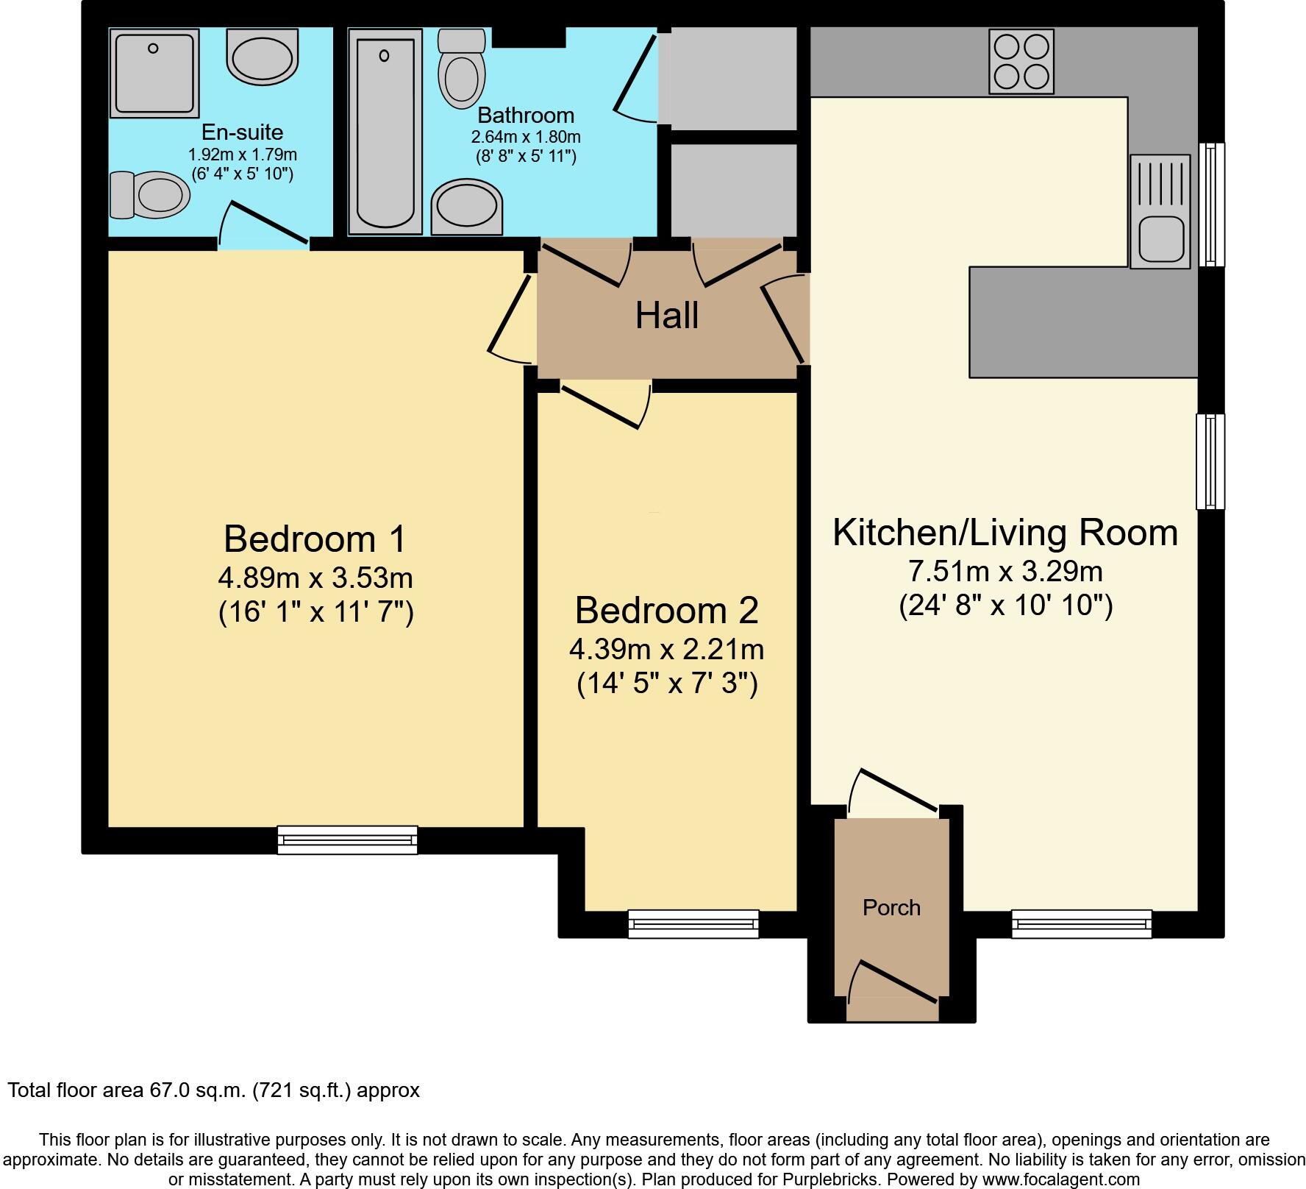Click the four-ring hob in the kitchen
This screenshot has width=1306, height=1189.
point(1021,62)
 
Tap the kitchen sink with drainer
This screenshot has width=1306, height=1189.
point(1160,211)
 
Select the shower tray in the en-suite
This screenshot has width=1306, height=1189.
point(154,73)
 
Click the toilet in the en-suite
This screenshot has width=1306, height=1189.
point(149,196)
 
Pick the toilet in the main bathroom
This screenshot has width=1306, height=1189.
point(461,68)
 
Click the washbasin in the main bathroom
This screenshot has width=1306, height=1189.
point(467,207)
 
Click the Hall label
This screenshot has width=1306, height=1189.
point(666,316)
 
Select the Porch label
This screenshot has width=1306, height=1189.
point(891,907)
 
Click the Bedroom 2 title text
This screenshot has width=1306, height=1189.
point(666,610)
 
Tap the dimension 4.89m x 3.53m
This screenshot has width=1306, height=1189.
point(315,578)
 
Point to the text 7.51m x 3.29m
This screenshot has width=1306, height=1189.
point(1005,571)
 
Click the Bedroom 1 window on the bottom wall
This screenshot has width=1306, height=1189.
point(347,840)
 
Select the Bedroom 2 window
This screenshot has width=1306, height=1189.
point(693,923)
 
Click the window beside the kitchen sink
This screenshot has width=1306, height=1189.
point(1211,204)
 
